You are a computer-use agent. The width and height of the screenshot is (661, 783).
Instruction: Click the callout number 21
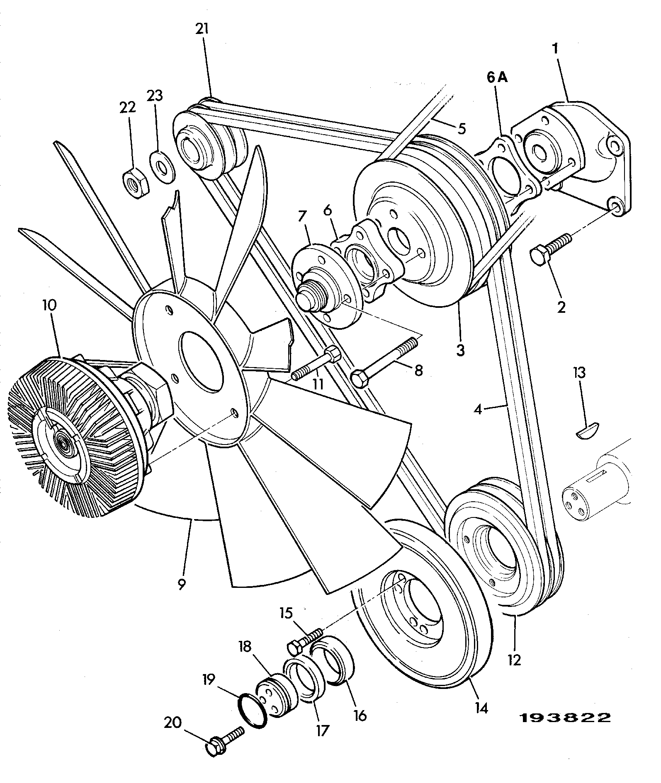point(202,29)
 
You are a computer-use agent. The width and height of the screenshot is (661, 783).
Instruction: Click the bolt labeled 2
point(551,248)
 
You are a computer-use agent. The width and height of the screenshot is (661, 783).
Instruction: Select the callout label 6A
point(496,77)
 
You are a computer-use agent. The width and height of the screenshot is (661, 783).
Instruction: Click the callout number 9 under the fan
point(181,584)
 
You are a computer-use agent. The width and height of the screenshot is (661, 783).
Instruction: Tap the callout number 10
point(49,306)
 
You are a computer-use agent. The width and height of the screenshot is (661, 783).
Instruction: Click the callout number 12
point(514,660)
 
